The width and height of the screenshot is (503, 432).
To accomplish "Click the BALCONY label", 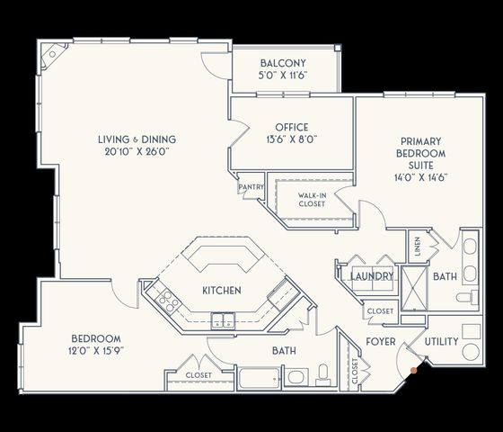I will pos(285,63).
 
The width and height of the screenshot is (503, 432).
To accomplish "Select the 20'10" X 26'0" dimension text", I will pos(137,152).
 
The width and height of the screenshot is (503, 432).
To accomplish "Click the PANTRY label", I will pos(250,187).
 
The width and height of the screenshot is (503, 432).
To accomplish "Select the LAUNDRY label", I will pos(372,276).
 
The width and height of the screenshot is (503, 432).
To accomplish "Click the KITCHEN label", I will pos(220,291).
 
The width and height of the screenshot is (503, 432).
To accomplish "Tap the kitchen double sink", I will pos(221,319).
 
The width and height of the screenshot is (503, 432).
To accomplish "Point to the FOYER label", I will pos(380,342).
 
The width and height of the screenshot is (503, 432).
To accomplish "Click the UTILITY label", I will pos(441,342).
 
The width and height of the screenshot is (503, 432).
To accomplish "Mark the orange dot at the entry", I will pos(413,368).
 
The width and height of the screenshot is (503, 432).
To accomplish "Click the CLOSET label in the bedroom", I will pos(199,374).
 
